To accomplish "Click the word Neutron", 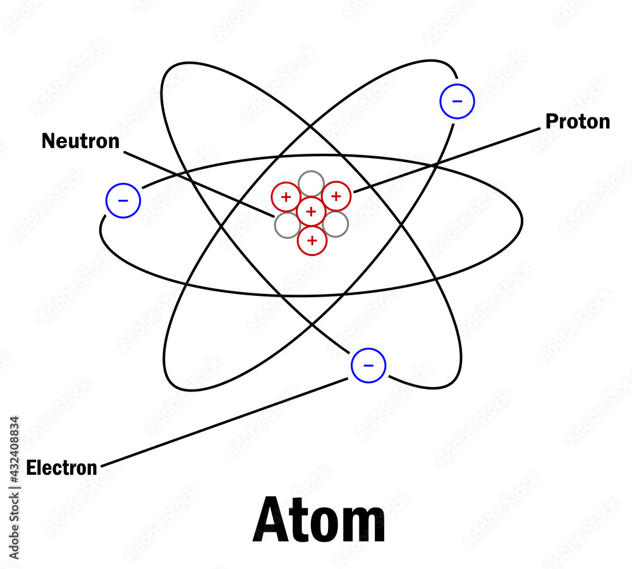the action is coord(80,141).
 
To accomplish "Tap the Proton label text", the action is coord(578,121).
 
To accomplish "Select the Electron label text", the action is coord(61,468).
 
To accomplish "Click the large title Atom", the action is coord(319,520).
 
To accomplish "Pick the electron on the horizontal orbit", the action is coord(123,201).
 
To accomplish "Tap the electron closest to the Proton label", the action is coord(457,101).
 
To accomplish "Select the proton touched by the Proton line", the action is coord(336,196).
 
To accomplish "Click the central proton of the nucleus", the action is coord(311,211).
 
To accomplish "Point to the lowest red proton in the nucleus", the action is coord(312,240).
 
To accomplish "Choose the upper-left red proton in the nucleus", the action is coord(286,197).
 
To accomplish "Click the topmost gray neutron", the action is coord(311,183).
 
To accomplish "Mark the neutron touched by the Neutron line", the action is coord(287,225).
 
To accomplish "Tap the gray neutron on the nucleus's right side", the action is coord(336,224).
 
